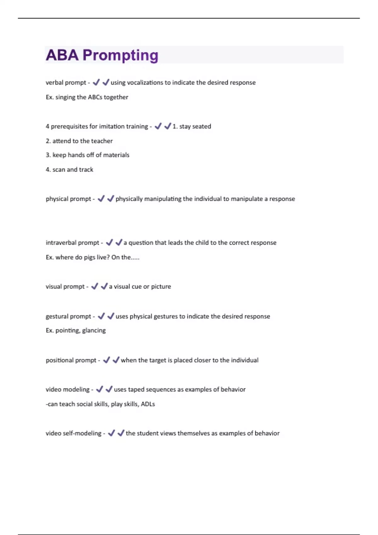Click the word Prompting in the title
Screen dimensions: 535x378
(x=120, y=55)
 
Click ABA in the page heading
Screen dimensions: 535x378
(x=62, y=55)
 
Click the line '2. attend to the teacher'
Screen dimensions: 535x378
(x=79, y=141)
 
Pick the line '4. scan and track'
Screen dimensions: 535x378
(x=69, y=170)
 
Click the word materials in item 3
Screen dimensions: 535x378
(x=116, y=155)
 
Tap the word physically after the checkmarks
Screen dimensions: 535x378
(x=129, y=199)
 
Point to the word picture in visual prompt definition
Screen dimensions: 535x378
(x=161, y=287)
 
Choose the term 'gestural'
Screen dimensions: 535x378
(x=56, y=316)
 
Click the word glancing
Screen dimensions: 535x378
(x=94, y=330)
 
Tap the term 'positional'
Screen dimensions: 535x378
(x=59, y=360)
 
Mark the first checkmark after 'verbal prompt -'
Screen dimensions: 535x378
(x=96, y=82)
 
